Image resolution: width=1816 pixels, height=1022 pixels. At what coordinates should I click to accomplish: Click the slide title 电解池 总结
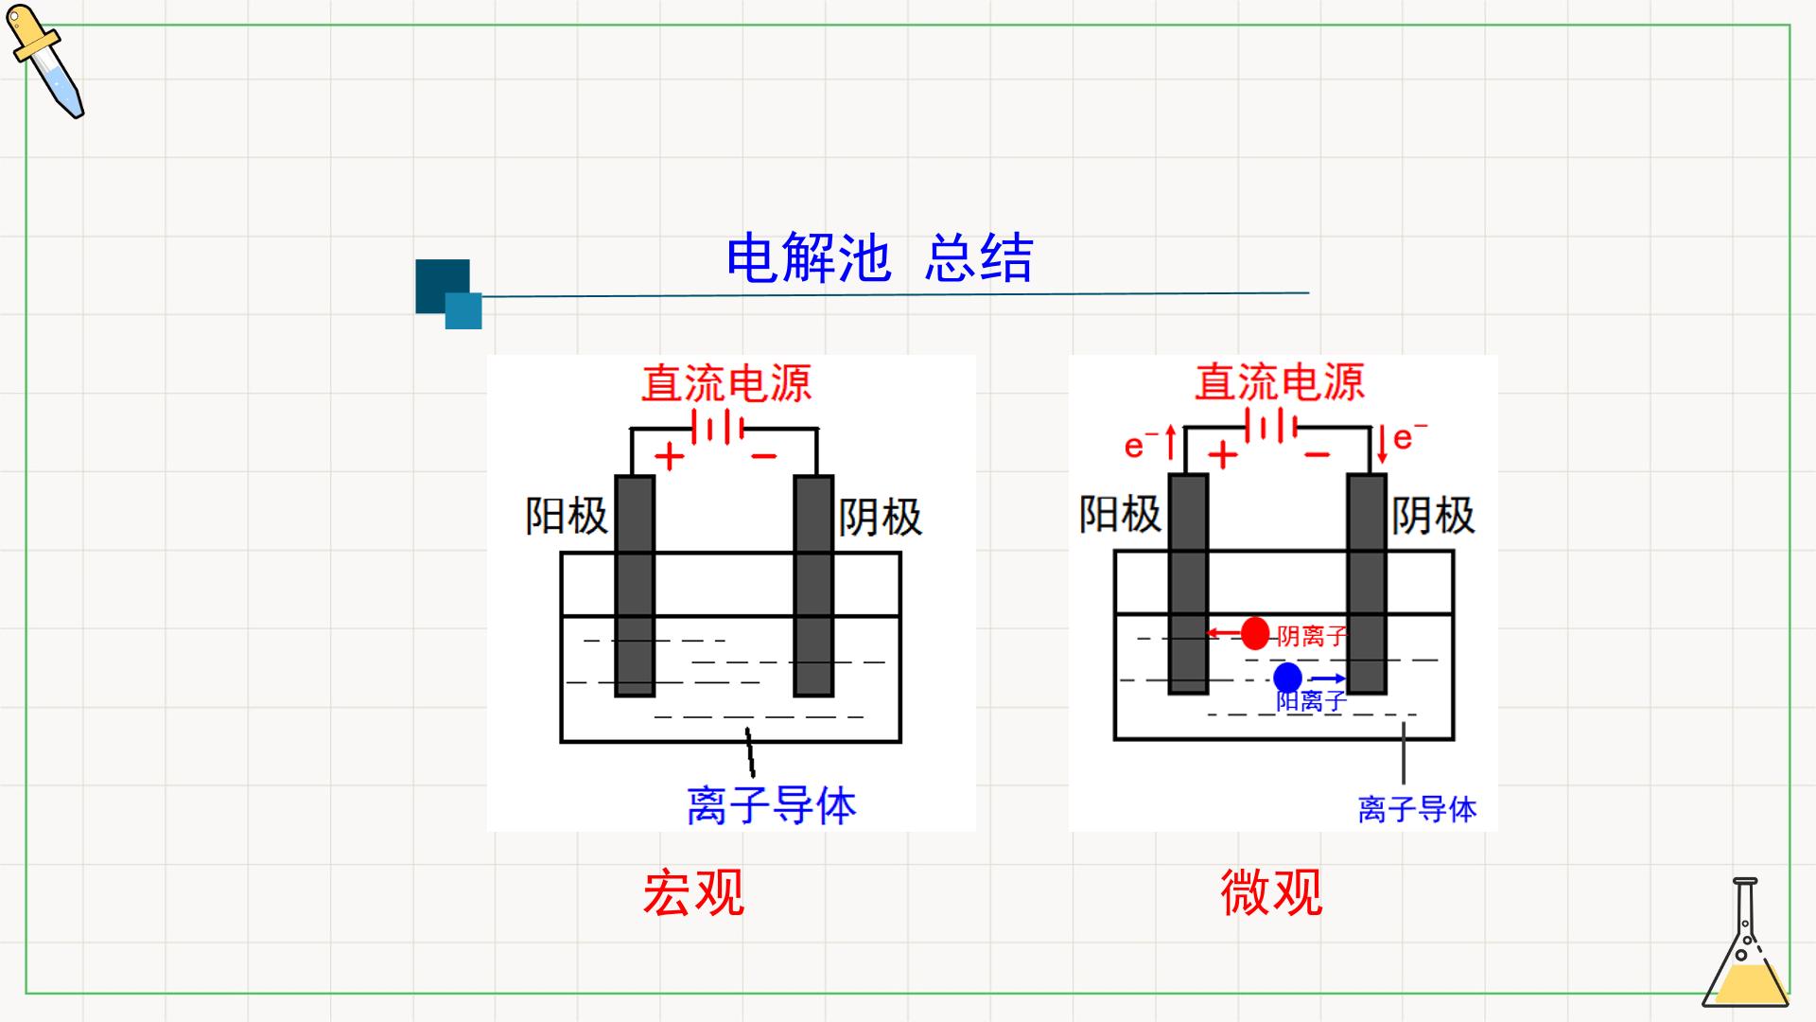click(880, 258)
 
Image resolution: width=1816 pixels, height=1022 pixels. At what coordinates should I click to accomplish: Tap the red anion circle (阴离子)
click(1255, 633)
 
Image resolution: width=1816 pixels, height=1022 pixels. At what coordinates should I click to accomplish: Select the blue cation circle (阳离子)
click(1287, 678)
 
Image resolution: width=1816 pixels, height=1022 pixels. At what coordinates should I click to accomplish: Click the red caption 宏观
click(693, 891)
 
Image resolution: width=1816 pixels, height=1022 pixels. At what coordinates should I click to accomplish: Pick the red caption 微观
click(1271, 891)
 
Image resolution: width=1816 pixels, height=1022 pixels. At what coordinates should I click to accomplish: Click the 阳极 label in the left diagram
click(567, 517)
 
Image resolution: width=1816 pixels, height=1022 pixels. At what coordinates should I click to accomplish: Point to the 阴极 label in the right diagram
click(1433, 516)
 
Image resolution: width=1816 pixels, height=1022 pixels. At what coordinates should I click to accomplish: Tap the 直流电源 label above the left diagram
click(726, 383)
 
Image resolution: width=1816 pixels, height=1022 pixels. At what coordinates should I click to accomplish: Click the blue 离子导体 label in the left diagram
click(771, 805)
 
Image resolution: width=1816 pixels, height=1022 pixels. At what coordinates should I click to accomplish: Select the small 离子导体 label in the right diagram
click(1417, 809)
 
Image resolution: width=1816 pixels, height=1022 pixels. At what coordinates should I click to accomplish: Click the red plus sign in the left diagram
click(669, 457)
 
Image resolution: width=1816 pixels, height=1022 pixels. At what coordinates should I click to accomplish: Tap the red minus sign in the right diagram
click(1317, 455)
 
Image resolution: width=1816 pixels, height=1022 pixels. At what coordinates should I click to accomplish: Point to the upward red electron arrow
click(1171, 443)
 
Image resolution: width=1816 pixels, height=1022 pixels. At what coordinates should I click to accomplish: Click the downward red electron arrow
click(1382, 445)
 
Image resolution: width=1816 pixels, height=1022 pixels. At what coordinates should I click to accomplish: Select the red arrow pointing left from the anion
click(1223, 633)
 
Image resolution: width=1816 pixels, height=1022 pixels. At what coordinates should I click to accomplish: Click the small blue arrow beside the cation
click(1327, 678)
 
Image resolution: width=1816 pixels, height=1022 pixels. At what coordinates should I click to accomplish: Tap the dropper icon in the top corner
click(45, 62)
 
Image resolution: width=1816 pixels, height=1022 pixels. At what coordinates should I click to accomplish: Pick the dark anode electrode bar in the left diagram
click(635, 586)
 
